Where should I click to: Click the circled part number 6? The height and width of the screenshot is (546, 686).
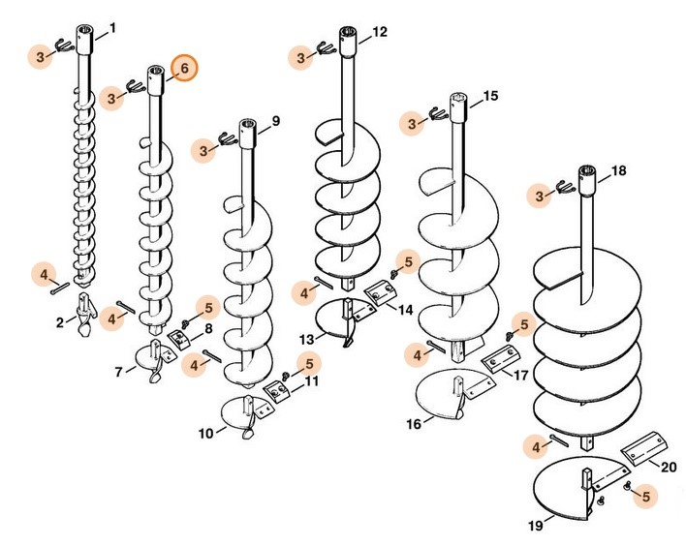click(x=181, y=69)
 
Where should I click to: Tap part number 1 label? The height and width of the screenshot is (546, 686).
click(x=111, y=28)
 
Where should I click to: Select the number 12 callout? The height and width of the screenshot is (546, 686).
click(x=379, y=32)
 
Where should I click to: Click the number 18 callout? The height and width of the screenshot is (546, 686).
click(x=618, y=170)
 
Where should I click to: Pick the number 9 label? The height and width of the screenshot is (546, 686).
click(x=276, y=121)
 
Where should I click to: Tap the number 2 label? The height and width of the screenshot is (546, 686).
click(x=59, y=320)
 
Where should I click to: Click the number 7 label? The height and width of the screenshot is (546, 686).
click(x=119, y=371)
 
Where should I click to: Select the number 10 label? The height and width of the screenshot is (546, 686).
click(x=205, y=434)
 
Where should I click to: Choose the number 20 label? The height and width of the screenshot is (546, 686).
click(x=668, y=467)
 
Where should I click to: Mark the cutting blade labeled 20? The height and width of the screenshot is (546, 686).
click(x=642, y=451)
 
